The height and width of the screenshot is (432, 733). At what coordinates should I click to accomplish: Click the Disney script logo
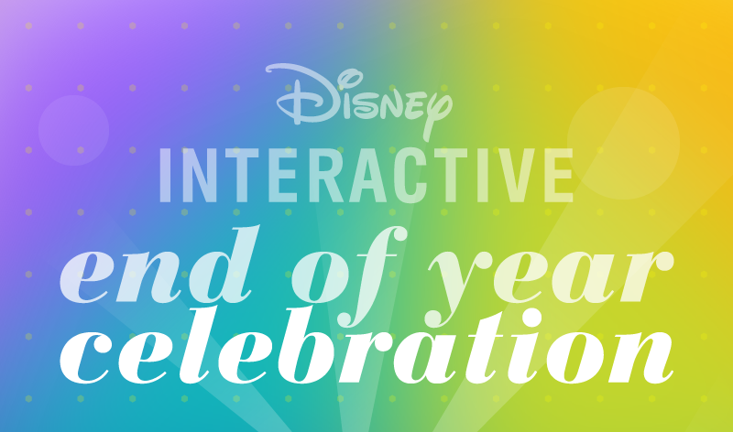[359, 99]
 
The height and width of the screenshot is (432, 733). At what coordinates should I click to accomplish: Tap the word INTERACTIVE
[367, 175]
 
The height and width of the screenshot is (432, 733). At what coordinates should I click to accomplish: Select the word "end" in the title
[160, 265]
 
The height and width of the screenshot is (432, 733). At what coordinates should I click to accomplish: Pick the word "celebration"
[367, 346]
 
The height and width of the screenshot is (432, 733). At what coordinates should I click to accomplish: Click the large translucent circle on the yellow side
[624, 144]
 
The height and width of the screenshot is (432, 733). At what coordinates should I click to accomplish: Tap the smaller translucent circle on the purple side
[74, 130]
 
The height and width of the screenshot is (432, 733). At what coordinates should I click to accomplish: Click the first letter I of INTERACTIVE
[165, 175]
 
